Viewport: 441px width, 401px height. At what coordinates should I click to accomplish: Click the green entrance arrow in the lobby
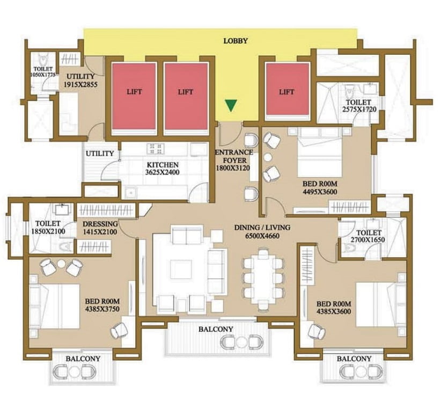(231, 106)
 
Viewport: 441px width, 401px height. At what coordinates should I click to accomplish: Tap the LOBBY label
(236, 41)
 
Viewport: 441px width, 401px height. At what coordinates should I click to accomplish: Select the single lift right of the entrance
(288, 89)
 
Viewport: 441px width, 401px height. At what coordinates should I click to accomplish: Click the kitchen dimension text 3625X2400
(162, 172)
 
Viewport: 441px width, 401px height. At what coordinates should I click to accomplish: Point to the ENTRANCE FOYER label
(234, 156)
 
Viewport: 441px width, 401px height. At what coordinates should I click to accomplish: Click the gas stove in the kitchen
(155, 149)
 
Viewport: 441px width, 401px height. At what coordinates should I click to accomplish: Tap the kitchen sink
(130, 192)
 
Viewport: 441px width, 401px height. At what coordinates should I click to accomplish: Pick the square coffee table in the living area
(181, 269)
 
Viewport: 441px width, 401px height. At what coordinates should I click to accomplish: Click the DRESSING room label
(100, 224)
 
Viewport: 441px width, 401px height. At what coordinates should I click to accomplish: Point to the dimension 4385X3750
(102, 309)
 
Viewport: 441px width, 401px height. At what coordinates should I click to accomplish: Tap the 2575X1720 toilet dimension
(359, 110)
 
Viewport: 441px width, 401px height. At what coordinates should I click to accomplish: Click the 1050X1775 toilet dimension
(43, 75)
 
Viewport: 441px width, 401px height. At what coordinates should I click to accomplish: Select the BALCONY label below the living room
(216, 329)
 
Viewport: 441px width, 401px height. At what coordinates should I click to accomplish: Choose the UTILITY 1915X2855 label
(80, 80)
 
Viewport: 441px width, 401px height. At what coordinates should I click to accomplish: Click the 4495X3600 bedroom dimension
(320, 192)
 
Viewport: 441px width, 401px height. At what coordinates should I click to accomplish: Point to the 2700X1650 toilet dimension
(368, 240)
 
